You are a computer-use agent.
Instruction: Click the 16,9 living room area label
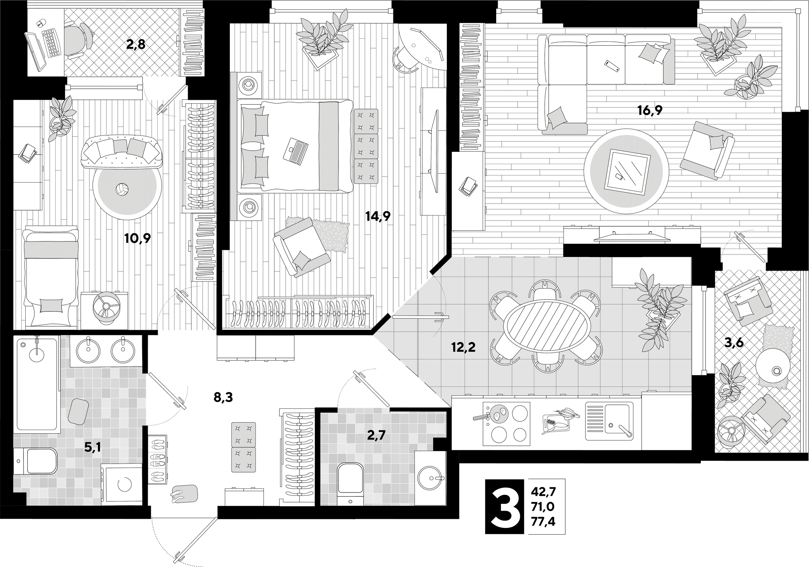pos(649,110)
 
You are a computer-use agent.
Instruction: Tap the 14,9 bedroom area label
pos(378,216)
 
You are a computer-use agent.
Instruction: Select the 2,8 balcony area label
pos(135,44)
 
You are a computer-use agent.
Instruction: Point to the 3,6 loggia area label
pos(734,342)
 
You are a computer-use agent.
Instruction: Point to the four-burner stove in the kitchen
pos(506,423)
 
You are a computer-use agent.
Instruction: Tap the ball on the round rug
pos(122,189)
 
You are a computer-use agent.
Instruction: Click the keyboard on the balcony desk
pos(51,42)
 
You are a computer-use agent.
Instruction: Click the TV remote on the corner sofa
pos(611,65)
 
